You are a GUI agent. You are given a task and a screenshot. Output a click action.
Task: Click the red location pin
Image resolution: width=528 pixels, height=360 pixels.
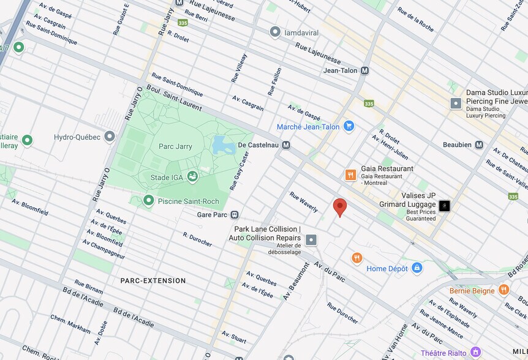tap(339, 207)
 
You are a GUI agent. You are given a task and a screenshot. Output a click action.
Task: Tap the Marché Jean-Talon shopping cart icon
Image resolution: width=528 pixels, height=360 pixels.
tap(349, 127)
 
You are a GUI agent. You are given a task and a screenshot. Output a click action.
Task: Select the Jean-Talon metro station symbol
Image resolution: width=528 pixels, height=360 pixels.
tap(365, 70)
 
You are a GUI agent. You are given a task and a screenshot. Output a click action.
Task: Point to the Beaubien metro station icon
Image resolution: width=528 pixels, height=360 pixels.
tap(479, 145)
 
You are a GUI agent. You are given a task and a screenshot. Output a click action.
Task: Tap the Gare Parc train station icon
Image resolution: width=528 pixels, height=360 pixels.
tap(235, 215)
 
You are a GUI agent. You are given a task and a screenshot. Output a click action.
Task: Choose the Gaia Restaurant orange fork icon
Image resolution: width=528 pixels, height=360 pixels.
tap(350, 175)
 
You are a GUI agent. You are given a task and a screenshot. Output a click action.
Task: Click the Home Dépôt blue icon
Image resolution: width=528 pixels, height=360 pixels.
tap(417, 268)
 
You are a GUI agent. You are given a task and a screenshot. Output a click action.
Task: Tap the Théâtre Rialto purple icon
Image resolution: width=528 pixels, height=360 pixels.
tap(476, 353)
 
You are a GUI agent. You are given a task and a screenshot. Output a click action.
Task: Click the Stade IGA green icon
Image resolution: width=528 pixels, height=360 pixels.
tap(193, 177)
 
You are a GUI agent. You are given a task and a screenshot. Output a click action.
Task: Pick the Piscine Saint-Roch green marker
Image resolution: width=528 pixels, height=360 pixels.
tap(148, 200)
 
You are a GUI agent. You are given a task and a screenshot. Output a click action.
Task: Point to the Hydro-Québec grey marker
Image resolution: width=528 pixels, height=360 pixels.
tap(110, 137)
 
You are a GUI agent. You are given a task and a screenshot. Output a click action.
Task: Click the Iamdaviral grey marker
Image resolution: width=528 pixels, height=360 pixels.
tap(275, 31)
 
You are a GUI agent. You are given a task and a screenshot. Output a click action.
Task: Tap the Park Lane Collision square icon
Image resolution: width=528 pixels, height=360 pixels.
tap(311, 239)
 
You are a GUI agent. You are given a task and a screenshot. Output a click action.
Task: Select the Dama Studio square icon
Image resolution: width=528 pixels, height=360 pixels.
tap(456, 103)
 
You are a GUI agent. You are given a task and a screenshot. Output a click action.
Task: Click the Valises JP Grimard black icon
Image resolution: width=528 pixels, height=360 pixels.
tap(445, 206)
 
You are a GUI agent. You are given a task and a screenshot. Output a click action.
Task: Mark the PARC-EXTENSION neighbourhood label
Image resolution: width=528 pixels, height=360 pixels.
tap(153, 281)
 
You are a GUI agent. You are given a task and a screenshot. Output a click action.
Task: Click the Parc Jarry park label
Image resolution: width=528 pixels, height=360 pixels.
tap(175, 146)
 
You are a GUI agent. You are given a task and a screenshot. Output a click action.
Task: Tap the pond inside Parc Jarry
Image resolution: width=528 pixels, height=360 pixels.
tap(219, 145)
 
